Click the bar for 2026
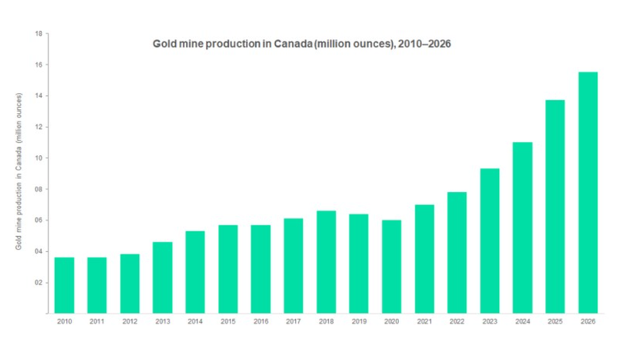pos(588,192)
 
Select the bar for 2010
pos(64,285)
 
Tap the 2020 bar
pos(391,266)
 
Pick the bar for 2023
pos(490,241)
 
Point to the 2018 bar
pos(326,261)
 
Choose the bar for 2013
pos(162,277)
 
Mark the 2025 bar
pos(555,207)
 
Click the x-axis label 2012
pos(130,322)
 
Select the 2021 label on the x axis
pos(424,322)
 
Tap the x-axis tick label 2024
pos(522,322)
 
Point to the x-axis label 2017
pos(293,322)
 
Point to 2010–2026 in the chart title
pos(421,44)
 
